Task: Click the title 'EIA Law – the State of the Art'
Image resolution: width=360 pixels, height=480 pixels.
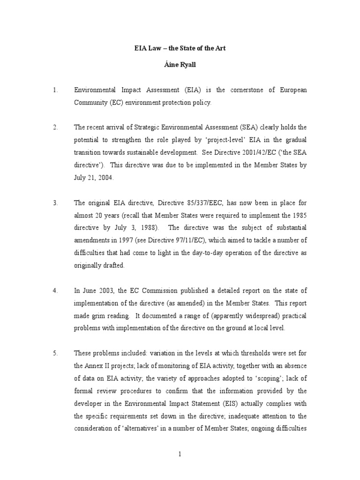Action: (180, 48)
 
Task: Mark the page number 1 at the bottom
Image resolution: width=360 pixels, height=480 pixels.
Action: (180, 454)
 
